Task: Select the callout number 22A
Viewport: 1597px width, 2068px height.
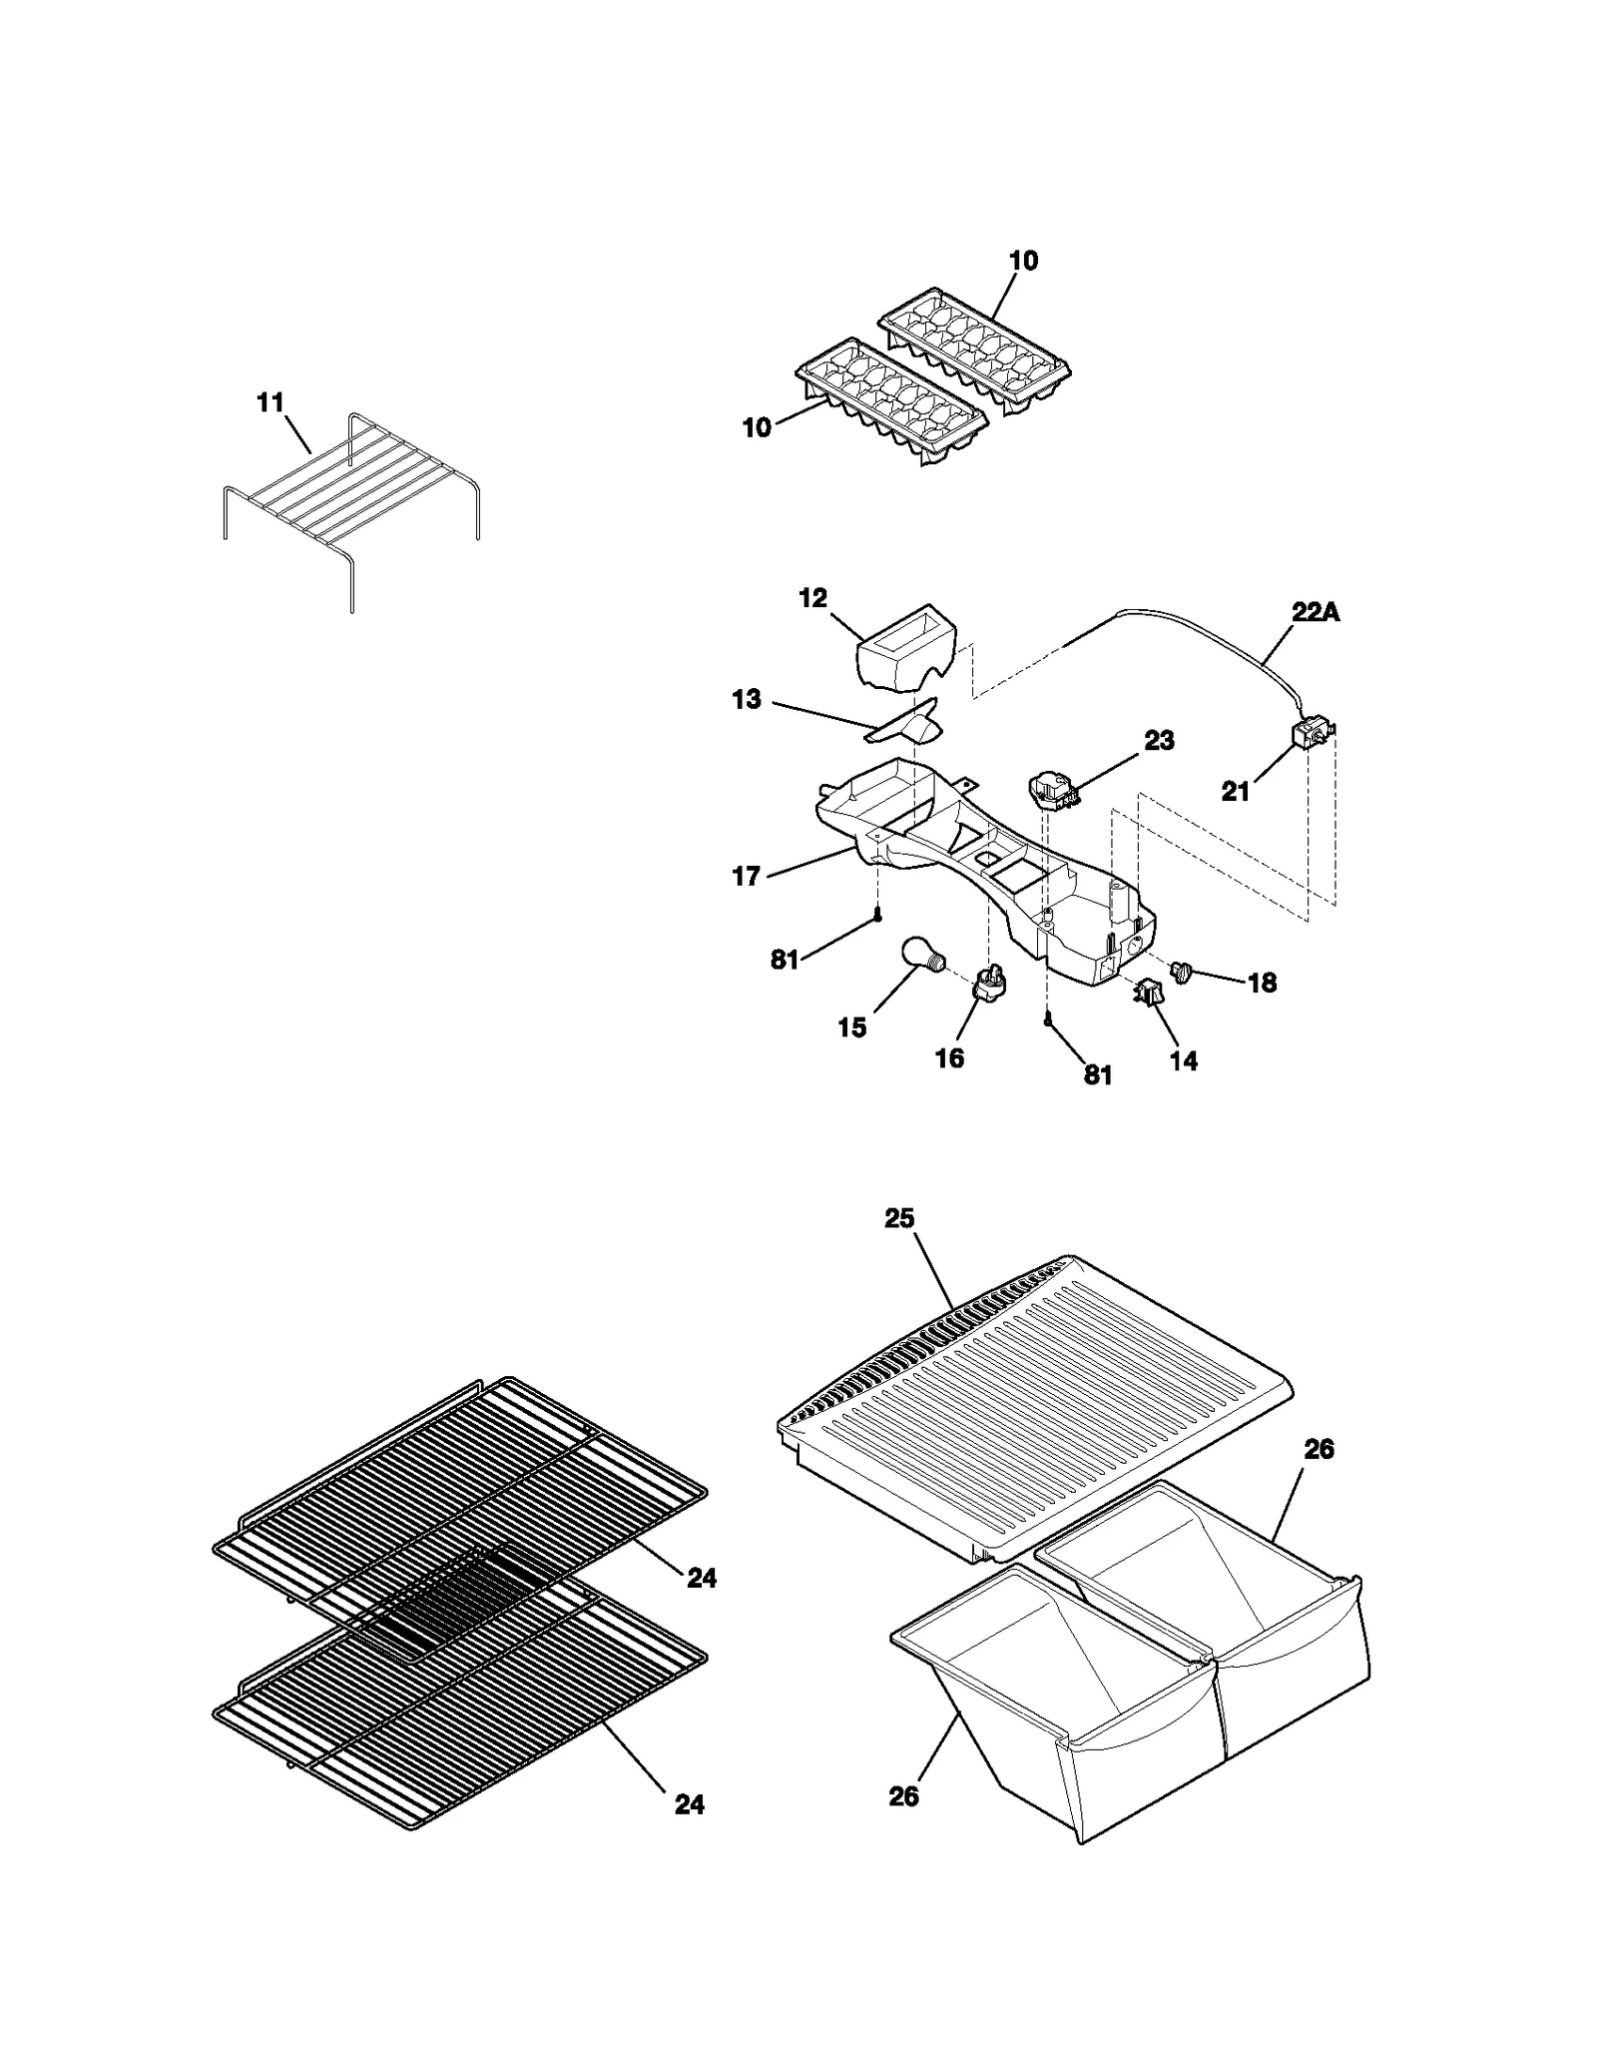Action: pyautogui.click(x=1315, y=613)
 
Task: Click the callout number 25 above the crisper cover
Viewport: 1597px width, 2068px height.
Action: pyautogui.click(x=898, y=1218)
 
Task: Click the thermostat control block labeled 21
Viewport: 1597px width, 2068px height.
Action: pyautogui.click(x=1311, y=736)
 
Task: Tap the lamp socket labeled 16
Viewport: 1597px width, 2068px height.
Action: pyautogui.click(x=988, y=984)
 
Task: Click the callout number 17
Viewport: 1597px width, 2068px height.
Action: pyautogui.click(x=746, y=876)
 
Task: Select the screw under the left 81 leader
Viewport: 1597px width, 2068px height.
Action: pyautogui.click(x=877, y=913)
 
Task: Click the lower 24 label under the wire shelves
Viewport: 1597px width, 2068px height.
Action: pyautogui.click(x=689, y=1803)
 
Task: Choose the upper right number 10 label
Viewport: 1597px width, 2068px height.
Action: pyautogui.click(x=1023, y=261)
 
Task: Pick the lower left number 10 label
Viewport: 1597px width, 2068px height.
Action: pyautogui.click(x=757, y=427)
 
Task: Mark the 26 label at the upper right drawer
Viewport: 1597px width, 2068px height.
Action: pyautogui.click(x=1319, y=1449)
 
